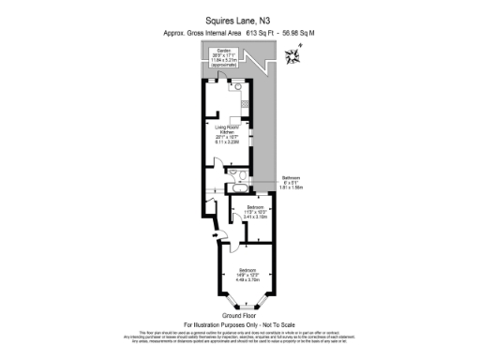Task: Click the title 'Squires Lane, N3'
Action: tap(239, 19)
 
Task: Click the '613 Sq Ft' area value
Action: tap(263, 33)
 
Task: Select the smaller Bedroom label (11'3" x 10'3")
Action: tap(255, 212)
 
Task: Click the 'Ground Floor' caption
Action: tap(239, 316)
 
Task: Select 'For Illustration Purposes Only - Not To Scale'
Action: tap(239, 324)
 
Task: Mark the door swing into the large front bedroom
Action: tap(241, 246)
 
